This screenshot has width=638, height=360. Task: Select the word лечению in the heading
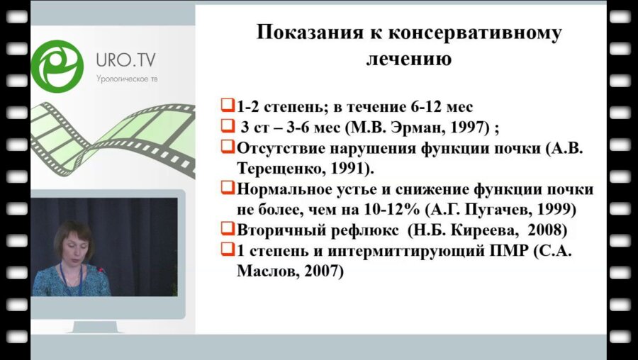point(408,59)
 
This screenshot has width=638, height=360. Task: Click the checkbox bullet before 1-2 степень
point(227,106)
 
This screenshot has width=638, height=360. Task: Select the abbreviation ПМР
point(500,249)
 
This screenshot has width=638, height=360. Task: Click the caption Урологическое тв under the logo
point(126,78)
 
